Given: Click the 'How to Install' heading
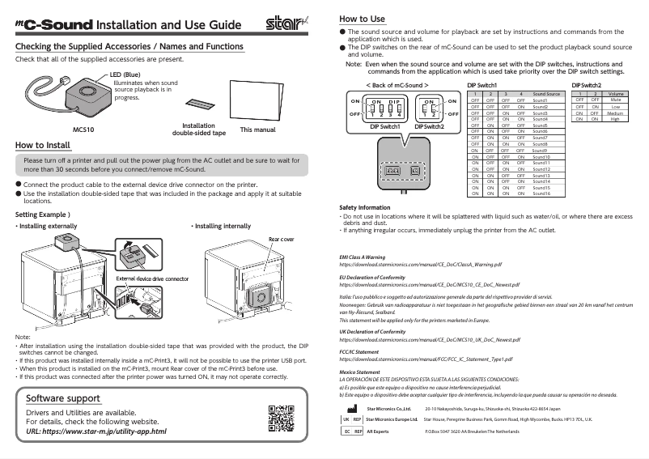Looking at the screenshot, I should pos(43,146).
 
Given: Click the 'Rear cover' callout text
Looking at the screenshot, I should pos(281,240).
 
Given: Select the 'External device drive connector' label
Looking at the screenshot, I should pos(152,278).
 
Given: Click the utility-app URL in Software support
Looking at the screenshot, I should pos(96,431).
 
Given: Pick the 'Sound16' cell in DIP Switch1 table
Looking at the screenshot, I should pos(541,194).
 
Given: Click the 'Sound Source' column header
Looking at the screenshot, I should pos(541,94).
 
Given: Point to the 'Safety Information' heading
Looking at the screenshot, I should pos(364,208).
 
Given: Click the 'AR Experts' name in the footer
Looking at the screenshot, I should pos(378,433).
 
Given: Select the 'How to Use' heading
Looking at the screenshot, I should pos(362,19).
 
